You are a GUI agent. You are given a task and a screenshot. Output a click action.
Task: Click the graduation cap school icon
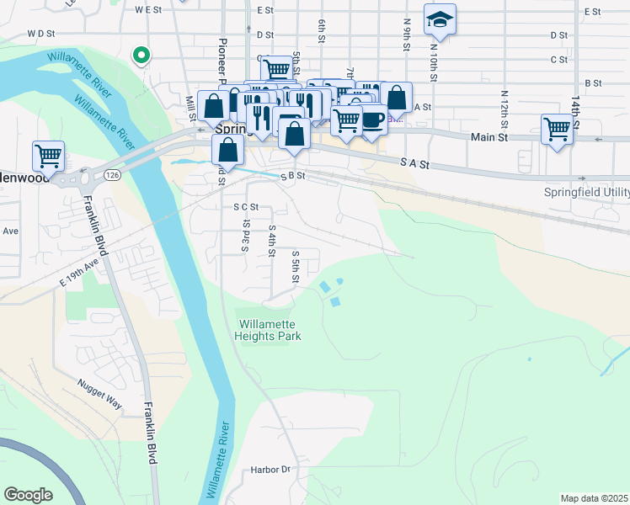[x=439, y=20]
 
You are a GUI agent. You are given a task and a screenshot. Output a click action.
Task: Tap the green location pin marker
[x=141, y=56]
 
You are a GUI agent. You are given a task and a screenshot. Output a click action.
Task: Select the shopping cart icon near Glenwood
[x=49, y=157]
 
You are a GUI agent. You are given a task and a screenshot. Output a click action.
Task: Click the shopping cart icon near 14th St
[x=557, y=130]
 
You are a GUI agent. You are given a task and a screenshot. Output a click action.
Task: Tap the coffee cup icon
[x=371, y=119]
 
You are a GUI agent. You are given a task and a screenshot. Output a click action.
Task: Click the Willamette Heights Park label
[x=270, y=330]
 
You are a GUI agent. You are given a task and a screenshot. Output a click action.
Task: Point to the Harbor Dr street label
[x=270, y=470]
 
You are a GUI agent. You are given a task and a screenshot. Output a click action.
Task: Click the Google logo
[x=28, y=495]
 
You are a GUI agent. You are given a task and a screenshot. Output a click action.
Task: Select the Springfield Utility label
[x=587, y=192]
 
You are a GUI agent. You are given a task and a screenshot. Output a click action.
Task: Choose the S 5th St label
[x=296, y=266]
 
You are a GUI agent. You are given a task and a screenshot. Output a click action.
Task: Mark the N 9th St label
[x=407, y=34]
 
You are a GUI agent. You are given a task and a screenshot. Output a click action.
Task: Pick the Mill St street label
[x=190, y=107]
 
